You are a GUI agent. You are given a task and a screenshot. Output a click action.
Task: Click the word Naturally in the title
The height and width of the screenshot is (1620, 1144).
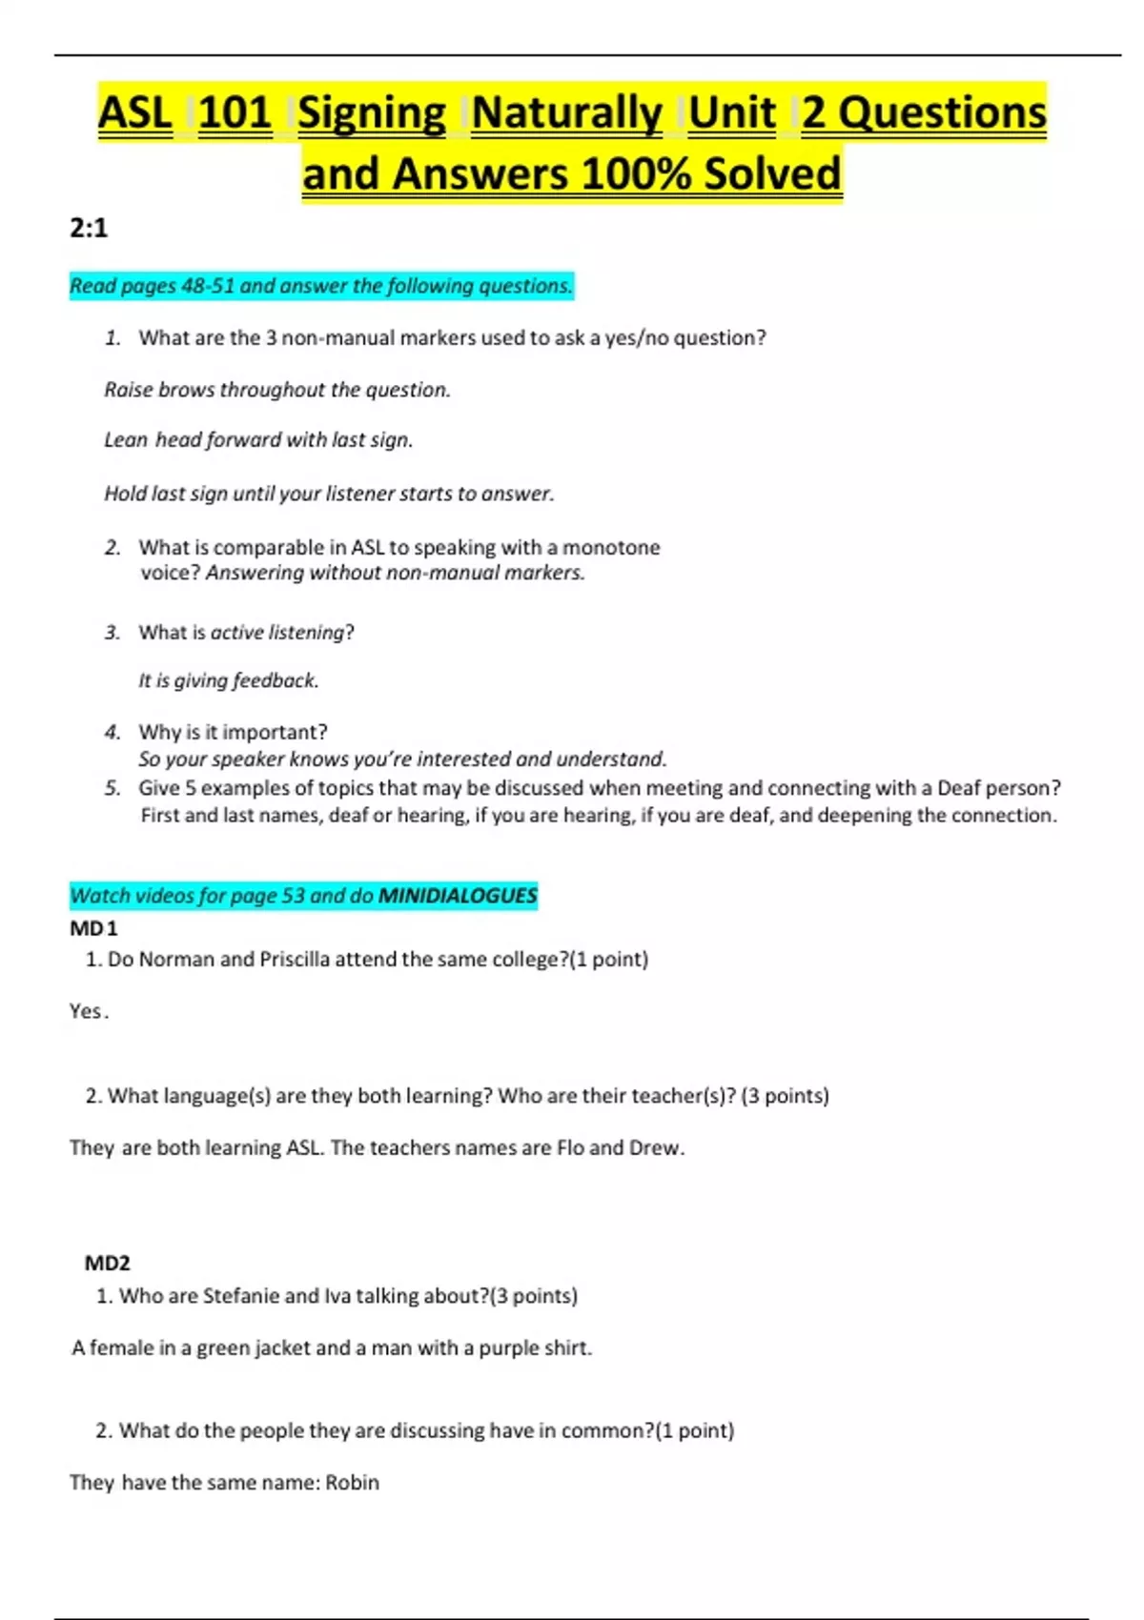pyautogui.click(x=566, y=113)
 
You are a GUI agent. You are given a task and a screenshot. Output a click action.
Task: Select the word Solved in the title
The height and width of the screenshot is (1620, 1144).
pyautogui.click(x=772, y=174)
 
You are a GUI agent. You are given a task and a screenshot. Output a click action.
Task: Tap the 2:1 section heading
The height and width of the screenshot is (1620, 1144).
pyautogui.click(x=89, y=228)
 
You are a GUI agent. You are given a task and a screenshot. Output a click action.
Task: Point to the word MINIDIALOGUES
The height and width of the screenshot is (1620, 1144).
pyautogui.click(x=458, y=896)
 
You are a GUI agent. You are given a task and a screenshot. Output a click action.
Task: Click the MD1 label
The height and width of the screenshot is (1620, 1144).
pyautogui.click(x=93, y=928)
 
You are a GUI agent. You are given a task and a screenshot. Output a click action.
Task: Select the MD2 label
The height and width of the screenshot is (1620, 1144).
pyautogui.click(x=107, y=1263)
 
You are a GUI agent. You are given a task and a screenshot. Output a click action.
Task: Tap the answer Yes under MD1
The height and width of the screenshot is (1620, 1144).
pyautogui.click(x=86, y=1011)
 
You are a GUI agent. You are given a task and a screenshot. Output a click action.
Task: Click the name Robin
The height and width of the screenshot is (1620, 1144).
pyautogui.click(x=352, y=1482)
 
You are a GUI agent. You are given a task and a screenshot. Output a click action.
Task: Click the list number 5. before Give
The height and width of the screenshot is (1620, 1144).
pyautogui.click(x=112, y=788)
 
